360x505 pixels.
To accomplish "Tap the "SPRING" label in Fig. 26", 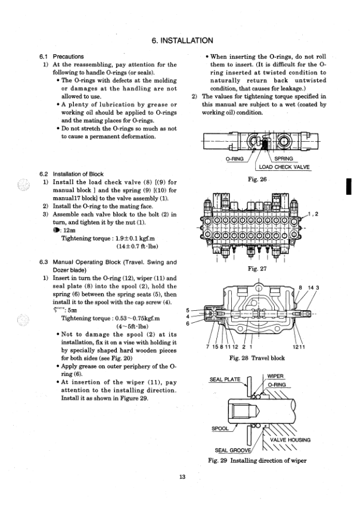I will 284,159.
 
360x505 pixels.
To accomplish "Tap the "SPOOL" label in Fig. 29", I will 222,428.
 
